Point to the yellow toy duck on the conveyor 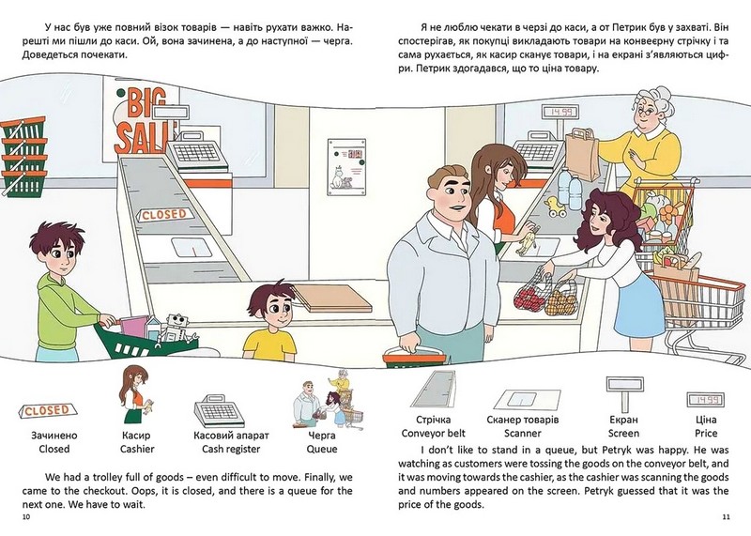[556, 207]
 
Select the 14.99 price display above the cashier [559, 113]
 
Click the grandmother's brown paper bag [581, 154]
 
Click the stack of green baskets [24, 157]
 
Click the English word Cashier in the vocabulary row [137, 449]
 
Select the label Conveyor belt [433, 433]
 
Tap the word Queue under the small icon [322, 449]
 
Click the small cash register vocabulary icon [220, 411]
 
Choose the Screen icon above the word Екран [623, 391]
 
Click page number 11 [725, 517]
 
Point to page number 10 [26, 517]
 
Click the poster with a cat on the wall [346, 167]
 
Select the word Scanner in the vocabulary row [523, 433]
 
